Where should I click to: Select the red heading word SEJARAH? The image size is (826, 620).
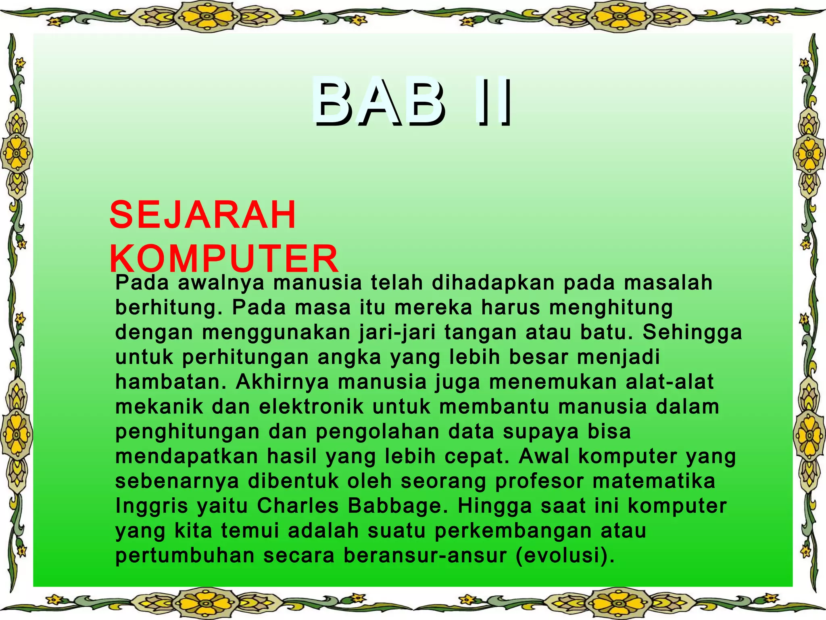click(x=203, y=215)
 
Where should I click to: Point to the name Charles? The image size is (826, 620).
click(x=298, y=506)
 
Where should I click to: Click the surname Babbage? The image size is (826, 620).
click(x=398, y=506)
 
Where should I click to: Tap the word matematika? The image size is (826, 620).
click(x=654, y=481)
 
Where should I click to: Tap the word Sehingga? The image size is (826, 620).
click(x=692, y=332)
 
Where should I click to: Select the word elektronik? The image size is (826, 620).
click(x=311, y=407)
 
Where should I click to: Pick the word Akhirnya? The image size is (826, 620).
click(x=282, y=382)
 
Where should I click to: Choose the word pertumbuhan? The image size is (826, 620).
click(x=185, y=556)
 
